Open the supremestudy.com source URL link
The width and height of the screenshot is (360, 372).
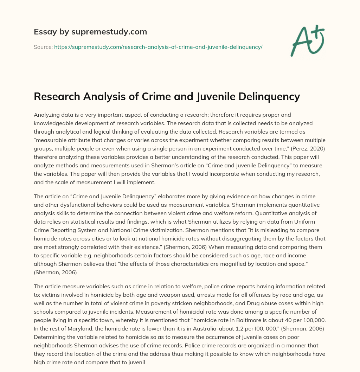[158, 47]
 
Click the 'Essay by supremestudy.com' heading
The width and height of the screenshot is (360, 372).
[90, 32]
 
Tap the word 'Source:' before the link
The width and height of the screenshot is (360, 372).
[43, 47]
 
